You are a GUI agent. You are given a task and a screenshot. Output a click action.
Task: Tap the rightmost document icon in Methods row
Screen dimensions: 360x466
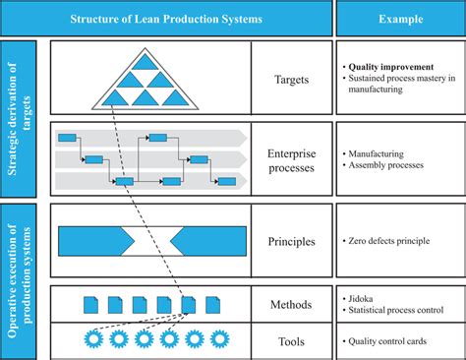coord(214,305)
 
